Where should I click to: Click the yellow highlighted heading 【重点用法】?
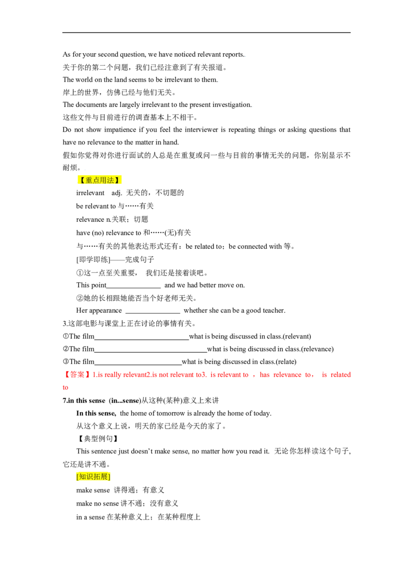(100, 180)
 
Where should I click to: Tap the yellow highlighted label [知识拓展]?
(93, 477)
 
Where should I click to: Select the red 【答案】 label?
(77, 375)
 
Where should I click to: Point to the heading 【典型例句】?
(98, 439)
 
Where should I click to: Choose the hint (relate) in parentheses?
(286, 362)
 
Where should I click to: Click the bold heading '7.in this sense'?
(84, 401)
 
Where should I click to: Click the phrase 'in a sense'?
(90, 517)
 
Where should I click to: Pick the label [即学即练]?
(93, 259)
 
